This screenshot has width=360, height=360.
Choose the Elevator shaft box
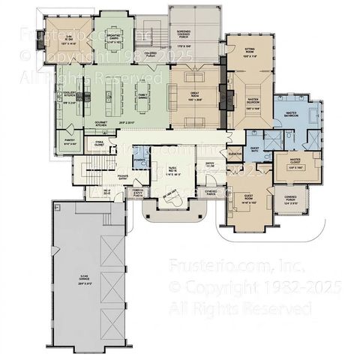(x=234, y=153)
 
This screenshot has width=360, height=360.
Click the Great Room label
(x=198, y=95)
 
